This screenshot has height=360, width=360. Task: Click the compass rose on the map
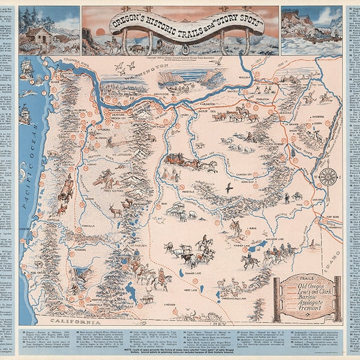[x=328, y=176]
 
